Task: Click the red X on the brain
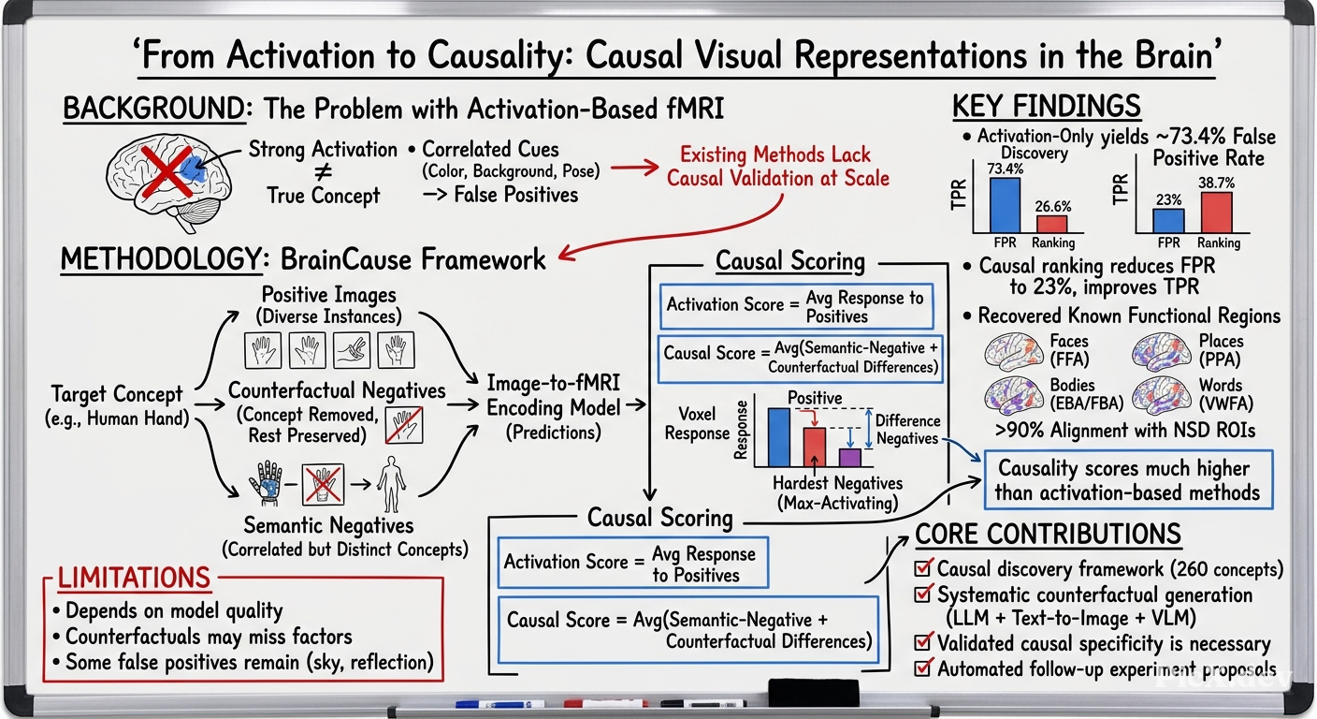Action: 167,171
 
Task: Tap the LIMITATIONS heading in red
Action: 134,578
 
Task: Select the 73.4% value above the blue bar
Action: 1006,169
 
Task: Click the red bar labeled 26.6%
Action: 1052,224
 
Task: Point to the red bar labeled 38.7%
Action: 1217,213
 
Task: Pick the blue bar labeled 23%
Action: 1169,221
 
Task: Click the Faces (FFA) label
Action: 1069,350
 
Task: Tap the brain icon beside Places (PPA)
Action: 1162,352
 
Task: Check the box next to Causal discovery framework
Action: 923,567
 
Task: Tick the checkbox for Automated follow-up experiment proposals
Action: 923,668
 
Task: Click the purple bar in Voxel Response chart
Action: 849,458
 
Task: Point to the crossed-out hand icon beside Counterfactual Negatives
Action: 404,425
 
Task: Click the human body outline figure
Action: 392,485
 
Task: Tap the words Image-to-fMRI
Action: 553,383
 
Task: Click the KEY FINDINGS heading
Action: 1047,107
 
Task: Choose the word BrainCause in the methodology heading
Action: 348,259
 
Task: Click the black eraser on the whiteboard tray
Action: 813,692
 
